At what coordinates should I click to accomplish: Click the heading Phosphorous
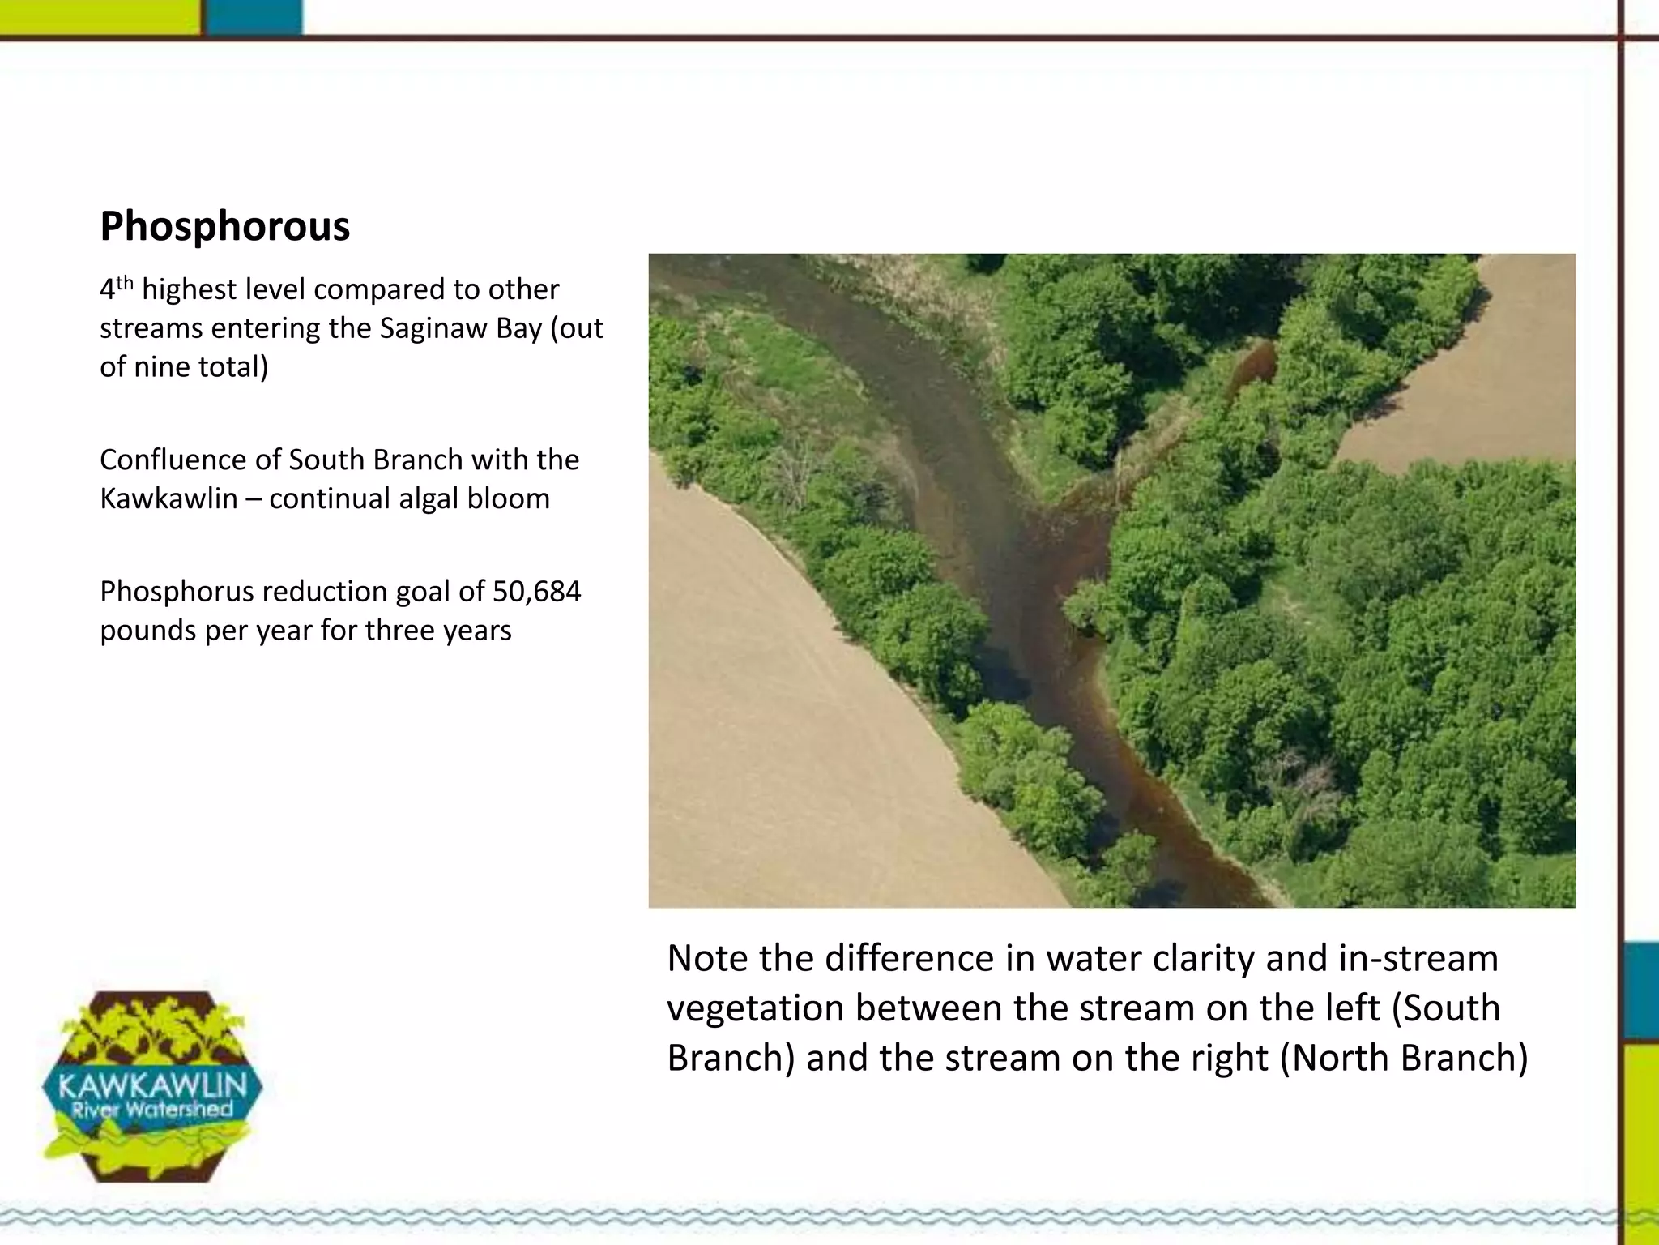[224, 226]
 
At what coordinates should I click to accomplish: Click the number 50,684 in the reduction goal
[536, 592]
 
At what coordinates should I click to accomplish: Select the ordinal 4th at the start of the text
[116, 289]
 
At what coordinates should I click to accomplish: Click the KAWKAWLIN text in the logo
[153, 1084]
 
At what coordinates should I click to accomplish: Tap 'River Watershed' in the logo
[152, 1110]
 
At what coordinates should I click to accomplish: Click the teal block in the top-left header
[254, 17]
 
